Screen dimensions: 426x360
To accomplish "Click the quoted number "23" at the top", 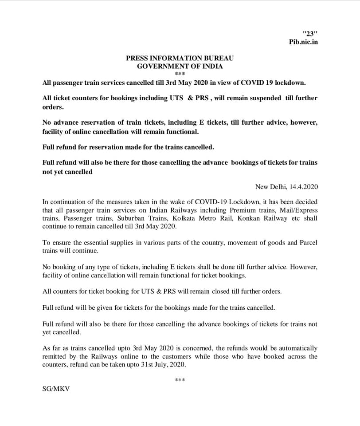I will tap(310, 34).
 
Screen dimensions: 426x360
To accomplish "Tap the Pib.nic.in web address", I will tap(303, 42).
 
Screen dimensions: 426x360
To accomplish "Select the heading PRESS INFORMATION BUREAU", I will tap(180, 58).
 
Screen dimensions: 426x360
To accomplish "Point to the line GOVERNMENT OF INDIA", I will tap(180, 66).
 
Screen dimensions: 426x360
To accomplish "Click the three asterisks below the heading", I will tap(180, 74).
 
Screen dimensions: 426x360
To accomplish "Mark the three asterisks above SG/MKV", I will tap(180, 380).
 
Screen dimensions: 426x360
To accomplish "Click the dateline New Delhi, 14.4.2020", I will tap(286, 187).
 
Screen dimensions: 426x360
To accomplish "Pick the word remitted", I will tap(54, 356).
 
